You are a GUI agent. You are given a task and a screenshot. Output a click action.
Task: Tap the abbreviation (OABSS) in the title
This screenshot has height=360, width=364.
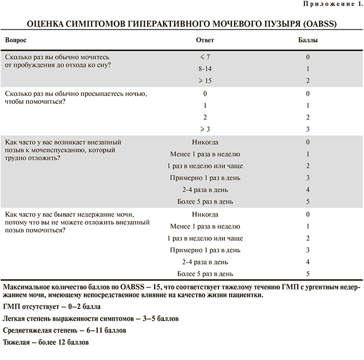pyautogui.click(x=320, y=24)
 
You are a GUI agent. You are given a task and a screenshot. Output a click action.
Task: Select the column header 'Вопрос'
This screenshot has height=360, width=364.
pyautogui.click(x=16, y=39)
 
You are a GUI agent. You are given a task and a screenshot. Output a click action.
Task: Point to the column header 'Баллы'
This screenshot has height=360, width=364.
pyautogui.click(x=307, y=39)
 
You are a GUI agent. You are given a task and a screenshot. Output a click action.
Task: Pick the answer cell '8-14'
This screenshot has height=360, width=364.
pyautogui.click(x=205, y=69)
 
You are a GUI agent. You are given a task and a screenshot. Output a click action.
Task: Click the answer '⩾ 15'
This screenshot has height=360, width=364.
pyautogui.click(x=205, y=81)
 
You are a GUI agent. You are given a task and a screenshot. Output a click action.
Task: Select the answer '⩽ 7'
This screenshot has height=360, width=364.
pyautogui.click(x=205, y=57)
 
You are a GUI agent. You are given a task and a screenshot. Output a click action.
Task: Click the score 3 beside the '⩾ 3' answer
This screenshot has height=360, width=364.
pyautogui.click(x=307, y=129)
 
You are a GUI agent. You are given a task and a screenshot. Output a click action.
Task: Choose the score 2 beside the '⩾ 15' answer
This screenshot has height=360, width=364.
pyautogui.click(x=307, y=81)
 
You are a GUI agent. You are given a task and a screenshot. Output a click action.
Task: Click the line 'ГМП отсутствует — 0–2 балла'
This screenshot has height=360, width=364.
pyautogui.click(x=52, y=306)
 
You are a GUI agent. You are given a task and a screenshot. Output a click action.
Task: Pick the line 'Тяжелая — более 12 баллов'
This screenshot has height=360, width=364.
pyautogui.click(x=46, y=343)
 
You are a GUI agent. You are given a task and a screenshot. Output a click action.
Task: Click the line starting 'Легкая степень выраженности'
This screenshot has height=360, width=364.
pyautogui.click(x=90, y=319)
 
